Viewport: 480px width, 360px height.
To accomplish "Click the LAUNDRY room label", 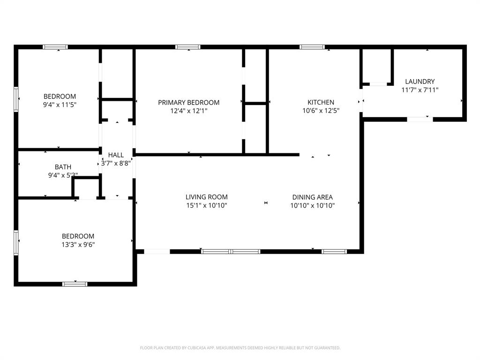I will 420,81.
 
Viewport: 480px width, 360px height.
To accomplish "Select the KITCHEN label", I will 321,102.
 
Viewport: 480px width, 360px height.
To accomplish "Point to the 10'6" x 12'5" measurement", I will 321,111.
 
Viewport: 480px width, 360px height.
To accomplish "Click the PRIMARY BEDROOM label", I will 188,103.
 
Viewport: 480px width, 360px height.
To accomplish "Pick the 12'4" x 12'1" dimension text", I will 188,111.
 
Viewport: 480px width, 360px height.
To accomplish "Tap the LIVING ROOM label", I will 206,197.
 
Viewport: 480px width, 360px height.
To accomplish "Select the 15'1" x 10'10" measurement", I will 206,205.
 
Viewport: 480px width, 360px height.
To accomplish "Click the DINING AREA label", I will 312,197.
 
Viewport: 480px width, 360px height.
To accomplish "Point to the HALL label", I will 116,155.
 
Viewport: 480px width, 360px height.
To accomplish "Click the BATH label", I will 63,166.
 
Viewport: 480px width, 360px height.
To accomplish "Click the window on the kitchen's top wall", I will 312,47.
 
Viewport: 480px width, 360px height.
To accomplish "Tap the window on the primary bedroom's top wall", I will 188,47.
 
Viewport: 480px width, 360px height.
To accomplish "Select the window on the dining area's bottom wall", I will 334,252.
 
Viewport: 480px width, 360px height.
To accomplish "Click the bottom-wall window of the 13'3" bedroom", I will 75,284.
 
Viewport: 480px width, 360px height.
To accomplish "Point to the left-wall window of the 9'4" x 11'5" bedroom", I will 16,99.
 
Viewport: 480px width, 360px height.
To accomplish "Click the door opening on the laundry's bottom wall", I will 420,119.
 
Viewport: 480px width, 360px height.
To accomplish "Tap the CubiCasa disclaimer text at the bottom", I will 240,348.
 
